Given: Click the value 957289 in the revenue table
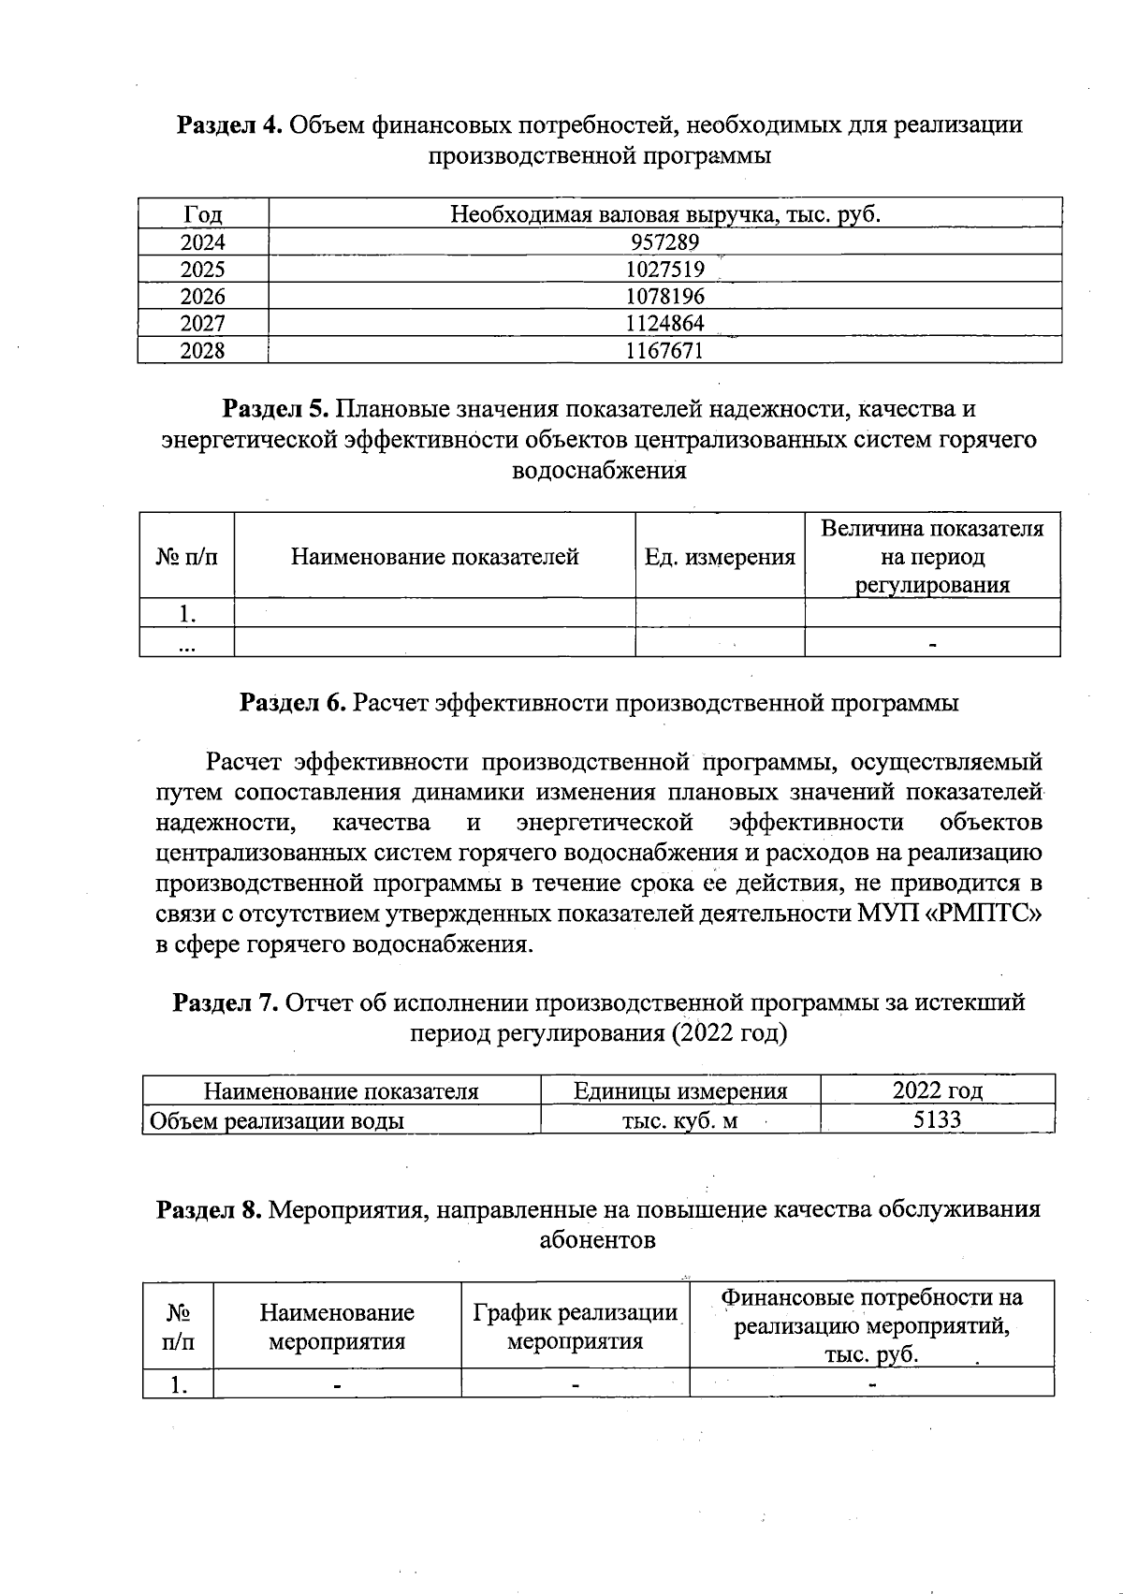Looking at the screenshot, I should [664, 242].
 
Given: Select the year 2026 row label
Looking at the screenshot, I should [202, 297].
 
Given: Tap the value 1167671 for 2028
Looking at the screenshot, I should [664, 351].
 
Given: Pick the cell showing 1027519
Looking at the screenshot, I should [664, 270].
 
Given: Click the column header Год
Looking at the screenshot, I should [202, 215].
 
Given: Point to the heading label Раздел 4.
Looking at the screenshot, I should [229, 124].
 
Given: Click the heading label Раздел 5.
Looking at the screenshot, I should [274, 409].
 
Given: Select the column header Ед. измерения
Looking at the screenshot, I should [720, 557].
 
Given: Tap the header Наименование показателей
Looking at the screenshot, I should [434, 557].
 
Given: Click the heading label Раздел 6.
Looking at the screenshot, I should [293, 702].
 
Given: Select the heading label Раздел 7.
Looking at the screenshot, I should [226, 1002].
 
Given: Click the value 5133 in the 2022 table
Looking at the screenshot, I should [937, 1120].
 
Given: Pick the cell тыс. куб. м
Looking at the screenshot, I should [679, 1120].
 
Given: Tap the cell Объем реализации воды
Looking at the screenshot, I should [277, 1120].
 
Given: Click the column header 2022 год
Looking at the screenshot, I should [937, 1090].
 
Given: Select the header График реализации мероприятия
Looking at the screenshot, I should [575, 1326].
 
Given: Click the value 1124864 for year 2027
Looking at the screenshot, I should [664, 324].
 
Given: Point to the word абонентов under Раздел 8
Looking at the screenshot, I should [597, 1240].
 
